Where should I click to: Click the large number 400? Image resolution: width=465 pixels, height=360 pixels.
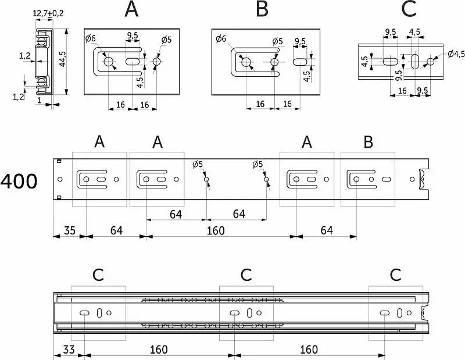19,181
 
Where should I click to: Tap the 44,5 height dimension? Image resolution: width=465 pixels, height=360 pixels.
62,59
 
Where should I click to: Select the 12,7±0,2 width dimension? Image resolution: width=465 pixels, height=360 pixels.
48,13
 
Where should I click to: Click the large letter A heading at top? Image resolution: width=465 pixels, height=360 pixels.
132,9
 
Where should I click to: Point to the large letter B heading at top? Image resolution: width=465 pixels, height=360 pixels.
262,9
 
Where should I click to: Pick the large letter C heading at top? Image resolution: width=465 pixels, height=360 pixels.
409,9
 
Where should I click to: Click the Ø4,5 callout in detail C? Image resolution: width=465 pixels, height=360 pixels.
456,54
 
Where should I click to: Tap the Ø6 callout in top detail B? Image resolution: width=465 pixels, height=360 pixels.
221,38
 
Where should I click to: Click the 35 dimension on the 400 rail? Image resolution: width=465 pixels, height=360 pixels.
69,230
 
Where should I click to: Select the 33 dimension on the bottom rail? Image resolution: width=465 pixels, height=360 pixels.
69,350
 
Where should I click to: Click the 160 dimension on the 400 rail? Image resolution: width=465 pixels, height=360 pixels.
216,231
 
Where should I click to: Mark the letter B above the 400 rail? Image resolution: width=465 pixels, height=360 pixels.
368,142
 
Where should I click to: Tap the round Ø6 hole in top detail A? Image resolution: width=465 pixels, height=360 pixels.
109,62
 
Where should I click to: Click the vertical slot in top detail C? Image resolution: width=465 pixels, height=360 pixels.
415,62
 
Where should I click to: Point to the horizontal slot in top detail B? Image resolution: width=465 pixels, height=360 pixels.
300,62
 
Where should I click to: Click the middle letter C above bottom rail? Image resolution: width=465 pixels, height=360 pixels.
246,275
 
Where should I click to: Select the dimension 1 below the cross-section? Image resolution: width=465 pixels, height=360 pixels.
39,101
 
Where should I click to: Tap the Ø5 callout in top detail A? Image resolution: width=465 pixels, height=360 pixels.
166,40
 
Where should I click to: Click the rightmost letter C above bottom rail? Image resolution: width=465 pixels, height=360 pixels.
396,275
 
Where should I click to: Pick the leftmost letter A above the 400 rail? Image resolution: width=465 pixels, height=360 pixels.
99,141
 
